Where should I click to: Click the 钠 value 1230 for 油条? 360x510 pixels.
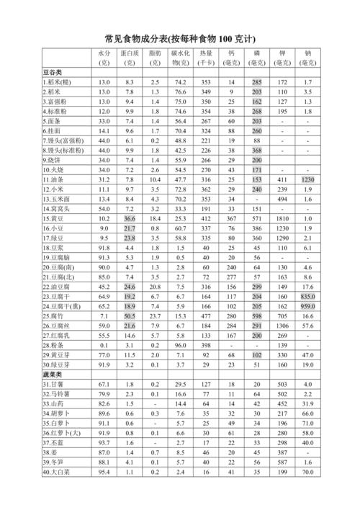click(x=308, y=179)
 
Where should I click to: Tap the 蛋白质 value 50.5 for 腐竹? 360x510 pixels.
click(x=129, y=316)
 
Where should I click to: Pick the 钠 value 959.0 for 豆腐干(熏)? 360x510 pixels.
click(x=308, y=305)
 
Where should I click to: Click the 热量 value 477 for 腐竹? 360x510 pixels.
click(x=206, y=316)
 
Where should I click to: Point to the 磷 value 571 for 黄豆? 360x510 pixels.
click(x=256, y=218)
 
